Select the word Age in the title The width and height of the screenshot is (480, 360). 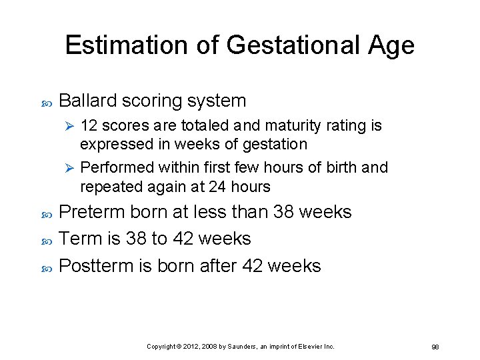tap(390, 45)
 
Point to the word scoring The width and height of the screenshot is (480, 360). tap(156, 101)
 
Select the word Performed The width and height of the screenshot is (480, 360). tap(112, 167)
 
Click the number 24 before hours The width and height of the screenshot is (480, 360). tap(217, 186)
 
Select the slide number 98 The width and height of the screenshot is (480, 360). tap(435, 347)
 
